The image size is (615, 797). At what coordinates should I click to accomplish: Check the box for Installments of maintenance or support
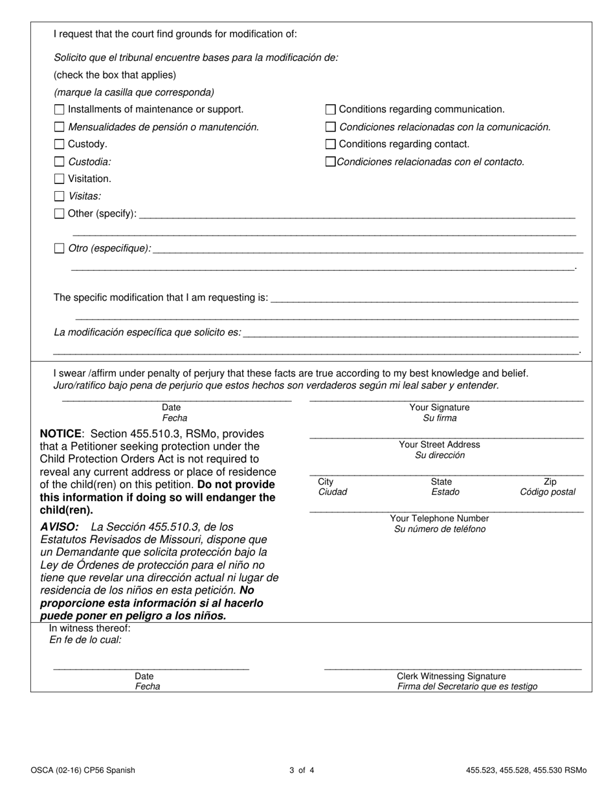click(60, 110)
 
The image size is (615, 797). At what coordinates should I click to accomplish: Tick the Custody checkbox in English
click(60, 144)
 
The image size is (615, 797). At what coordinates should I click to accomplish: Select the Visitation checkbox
click(60, 179)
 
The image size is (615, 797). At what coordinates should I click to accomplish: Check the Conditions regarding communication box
click(331, 110)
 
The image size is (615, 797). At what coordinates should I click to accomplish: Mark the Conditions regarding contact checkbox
click(331, 144)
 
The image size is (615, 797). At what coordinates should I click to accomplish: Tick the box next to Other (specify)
click(60, 213)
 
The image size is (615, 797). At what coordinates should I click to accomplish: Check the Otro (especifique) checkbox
click(60, 248)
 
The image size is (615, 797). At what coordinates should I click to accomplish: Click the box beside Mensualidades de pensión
click(60, 127)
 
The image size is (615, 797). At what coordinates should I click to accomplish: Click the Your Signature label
click(440, 408)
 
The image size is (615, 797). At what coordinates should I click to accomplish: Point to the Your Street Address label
click(440, 445)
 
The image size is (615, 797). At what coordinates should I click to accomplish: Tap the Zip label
click(550, 481)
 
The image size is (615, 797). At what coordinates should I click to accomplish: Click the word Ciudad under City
click(333, 492)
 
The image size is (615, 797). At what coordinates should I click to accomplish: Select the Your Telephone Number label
click(440, 518)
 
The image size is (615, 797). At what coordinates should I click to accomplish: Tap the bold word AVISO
click(59, 527)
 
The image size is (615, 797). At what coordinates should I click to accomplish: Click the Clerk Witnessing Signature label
click(451, 676)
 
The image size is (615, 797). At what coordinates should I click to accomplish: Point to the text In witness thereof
click(90, 628)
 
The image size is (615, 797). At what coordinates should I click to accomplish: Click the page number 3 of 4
click(302, 770)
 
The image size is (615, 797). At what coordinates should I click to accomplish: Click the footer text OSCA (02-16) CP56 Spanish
click(83, 770)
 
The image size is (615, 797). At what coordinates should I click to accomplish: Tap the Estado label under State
click(445, 492)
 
